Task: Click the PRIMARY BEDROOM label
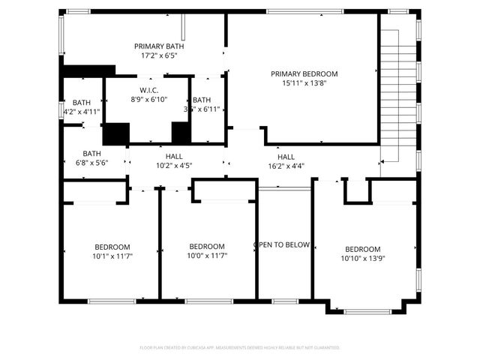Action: coord(304,73)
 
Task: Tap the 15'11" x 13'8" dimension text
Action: coord(304,83)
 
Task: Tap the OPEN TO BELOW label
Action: coord(282,244)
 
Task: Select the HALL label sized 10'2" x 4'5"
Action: coord(174,156)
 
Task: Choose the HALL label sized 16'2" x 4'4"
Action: coord(286,156)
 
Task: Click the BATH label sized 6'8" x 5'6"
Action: coord(91,153)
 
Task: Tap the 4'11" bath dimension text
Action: coord(82,112)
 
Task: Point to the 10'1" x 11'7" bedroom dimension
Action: coord(112,256)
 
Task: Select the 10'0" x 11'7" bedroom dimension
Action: coord(206,256)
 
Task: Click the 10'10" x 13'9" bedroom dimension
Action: coord(362,259)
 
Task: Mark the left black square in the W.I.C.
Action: coord(116,133)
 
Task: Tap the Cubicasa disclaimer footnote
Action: coord(240,348)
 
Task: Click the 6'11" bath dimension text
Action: coord(202,109)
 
